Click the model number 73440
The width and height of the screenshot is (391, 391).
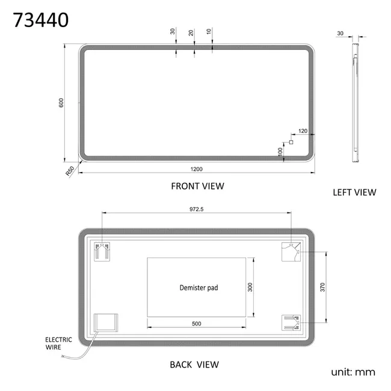coord(41,20)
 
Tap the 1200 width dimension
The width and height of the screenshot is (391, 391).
coord(196,169)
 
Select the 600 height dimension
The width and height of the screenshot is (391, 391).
coord(61,103)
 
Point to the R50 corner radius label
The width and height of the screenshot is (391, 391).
coord(70,171)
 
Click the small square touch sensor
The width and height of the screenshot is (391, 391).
coord(291,142)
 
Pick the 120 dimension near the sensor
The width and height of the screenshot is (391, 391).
coord(303,131)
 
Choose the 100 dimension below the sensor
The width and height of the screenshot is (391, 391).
coord(280,152)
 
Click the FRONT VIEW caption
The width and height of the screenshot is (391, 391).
coord(197,186)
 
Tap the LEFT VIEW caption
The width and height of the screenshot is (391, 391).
coord(354,192)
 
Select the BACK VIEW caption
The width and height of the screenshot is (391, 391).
coord(194,365)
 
